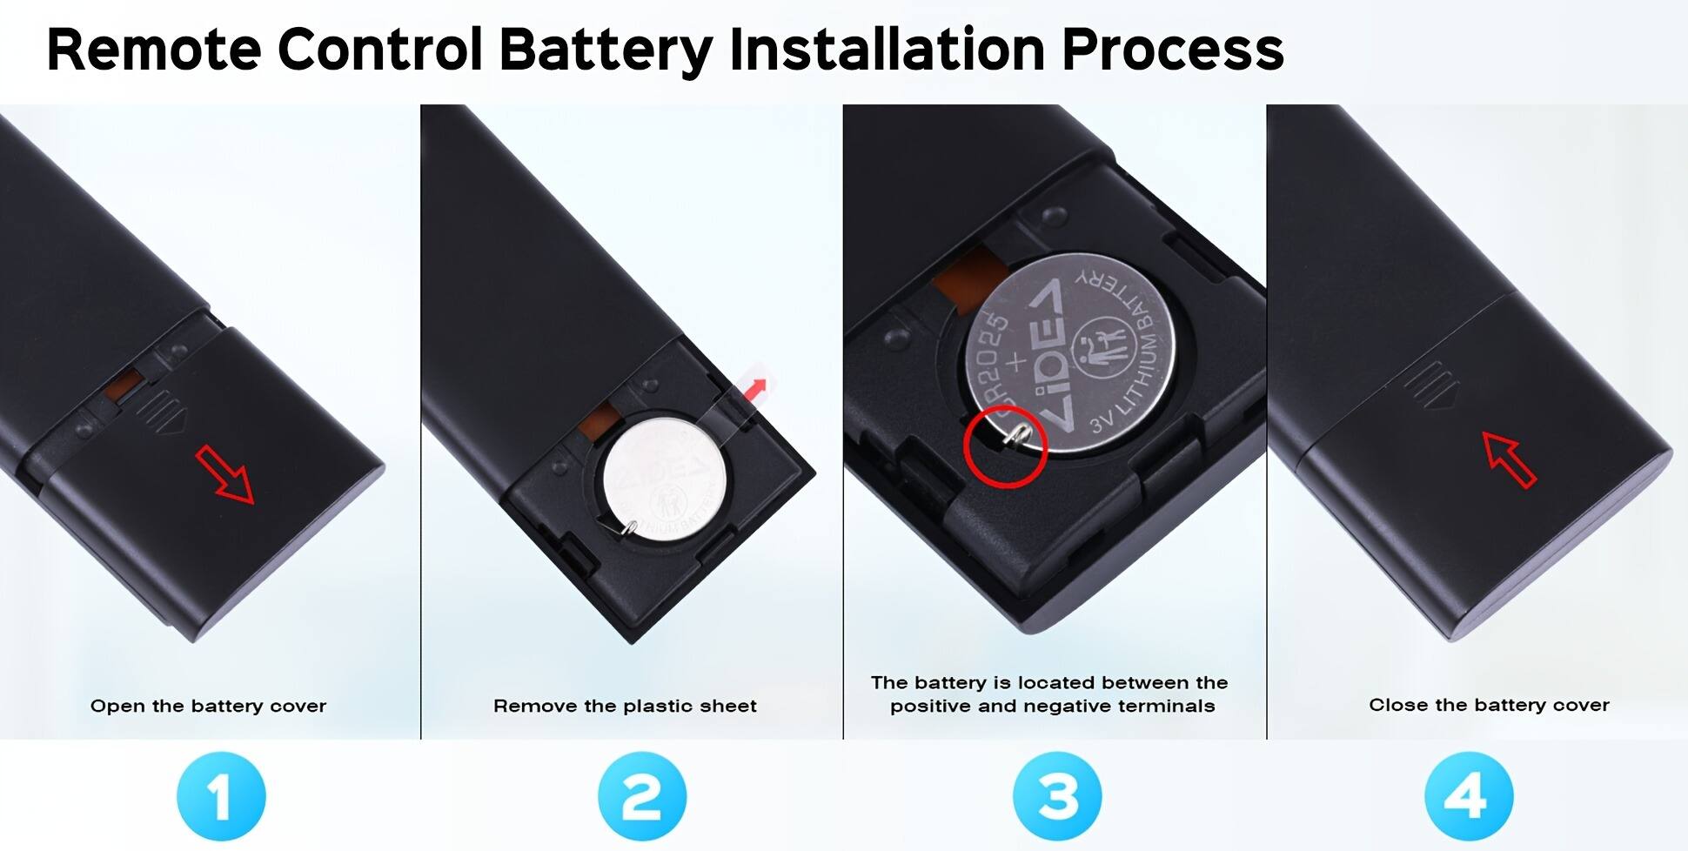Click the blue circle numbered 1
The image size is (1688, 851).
click(220, 796)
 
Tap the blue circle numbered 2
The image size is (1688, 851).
click(641, 796)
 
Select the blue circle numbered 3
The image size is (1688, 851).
click(1057, 796)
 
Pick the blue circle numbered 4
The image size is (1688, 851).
click(1469, 796)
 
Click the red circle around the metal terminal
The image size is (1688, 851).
click(1005, 448)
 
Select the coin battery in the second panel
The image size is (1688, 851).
click(665, 478)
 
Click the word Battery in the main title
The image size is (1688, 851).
click(606, 49)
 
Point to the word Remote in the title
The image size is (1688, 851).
click(153, 49)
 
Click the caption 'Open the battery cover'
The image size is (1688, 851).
click(208, 706)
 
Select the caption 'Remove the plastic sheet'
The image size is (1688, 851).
click(625, 706)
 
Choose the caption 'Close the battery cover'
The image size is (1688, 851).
click(1489, 705)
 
